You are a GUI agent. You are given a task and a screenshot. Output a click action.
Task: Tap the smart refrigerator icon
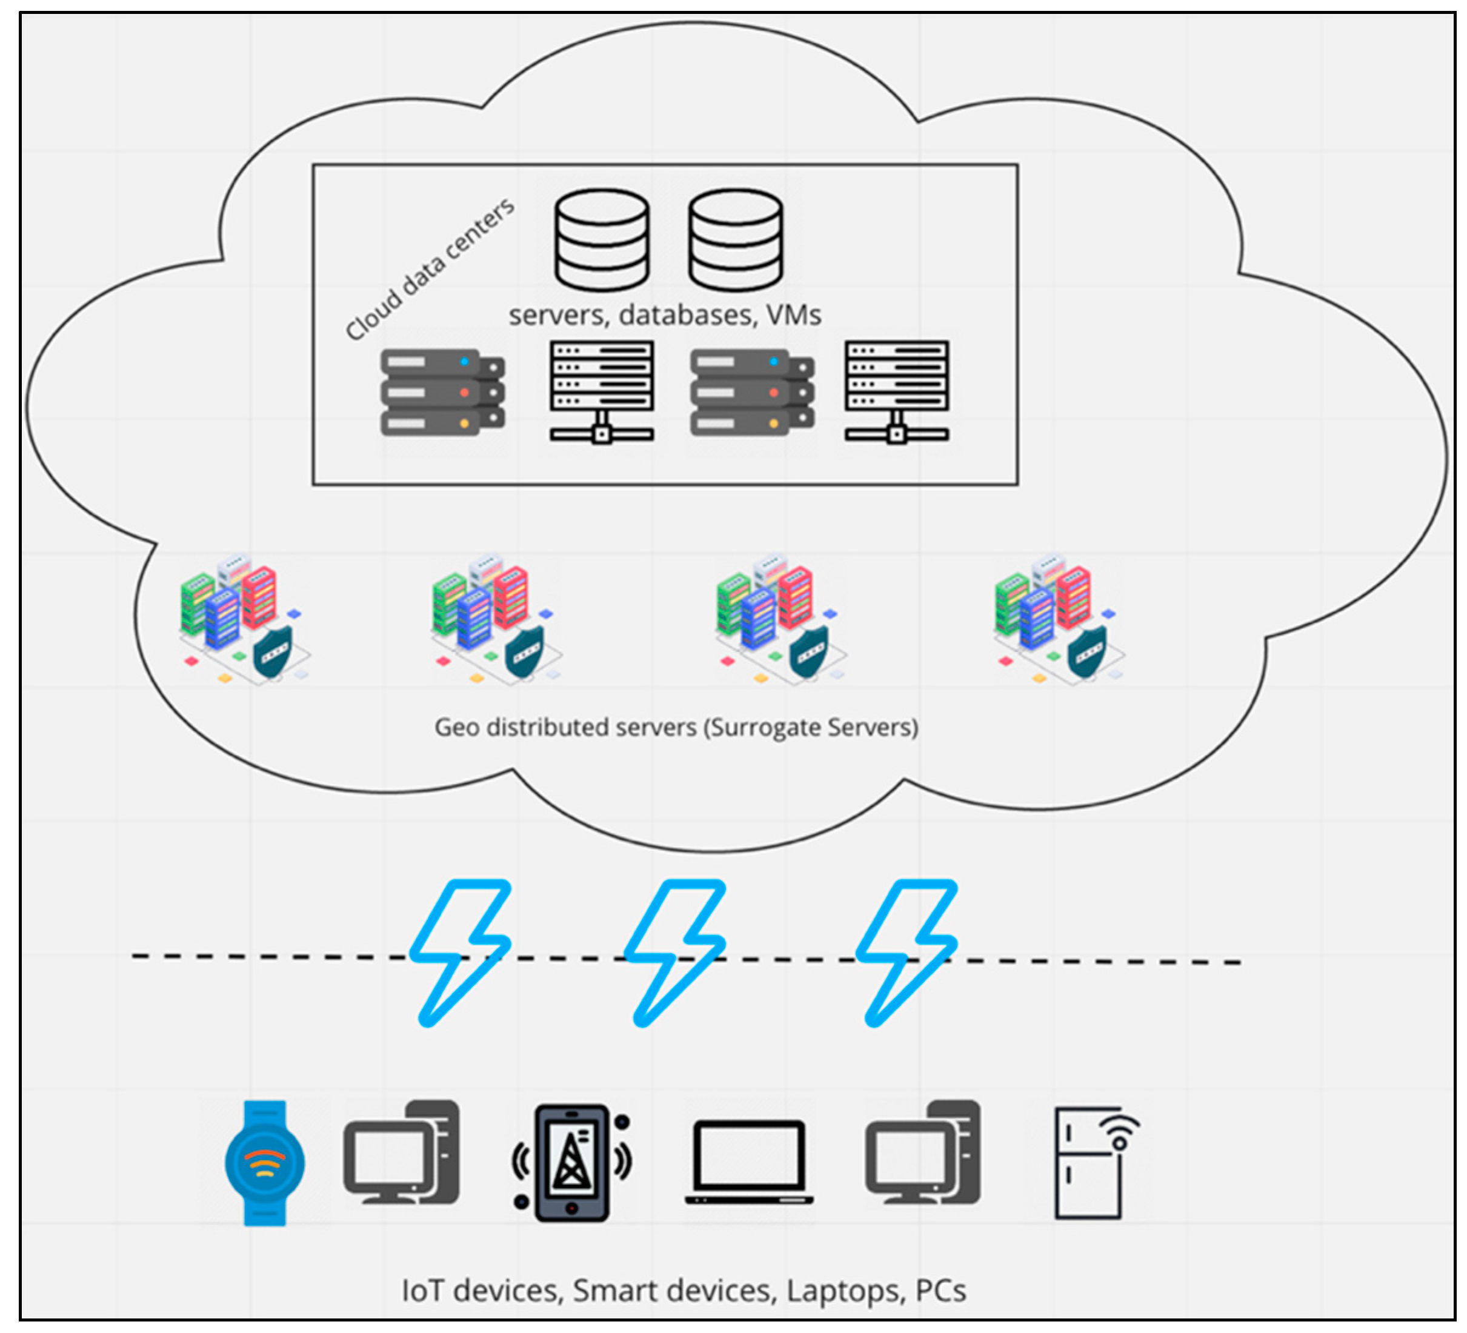1091,1163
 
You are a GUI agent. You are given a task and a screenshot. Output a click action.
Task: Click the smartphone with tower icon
572,1163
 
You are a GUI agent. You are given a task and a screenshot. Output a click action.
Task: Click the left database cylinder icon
602,239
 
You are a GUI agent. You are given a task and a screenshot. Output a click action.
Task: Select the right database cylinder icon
736,239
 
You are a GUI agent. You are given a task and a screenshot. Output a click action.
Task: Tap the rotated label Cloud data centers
430,269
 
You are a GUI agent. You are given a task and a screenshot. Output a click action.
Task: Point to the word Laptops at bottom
845,1290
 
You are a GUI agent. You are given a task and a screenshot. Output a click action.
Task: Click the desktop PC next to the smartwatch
402,1152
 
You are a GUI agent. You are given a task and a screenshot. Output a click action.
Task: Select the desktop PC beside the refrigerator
923,1152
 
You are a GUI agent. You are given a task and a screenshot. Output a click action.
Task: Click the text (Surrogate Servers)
811,727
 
